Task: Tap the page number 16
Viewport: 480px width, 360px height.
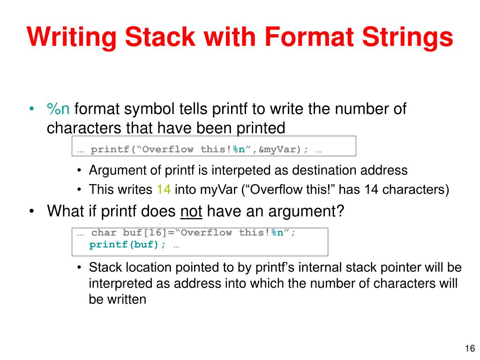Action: (x=470, y=348)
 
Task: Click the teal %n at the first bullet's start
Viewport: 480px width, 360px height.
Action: (x=59, y=109)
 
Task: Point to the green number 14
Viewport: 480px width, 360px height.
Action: (x=163, y=190)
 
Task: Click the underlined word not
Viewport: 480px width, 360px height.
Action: (x=191, y=211)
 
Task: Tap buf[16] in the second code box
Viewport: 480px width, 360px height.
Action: (x=139, y=233)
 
